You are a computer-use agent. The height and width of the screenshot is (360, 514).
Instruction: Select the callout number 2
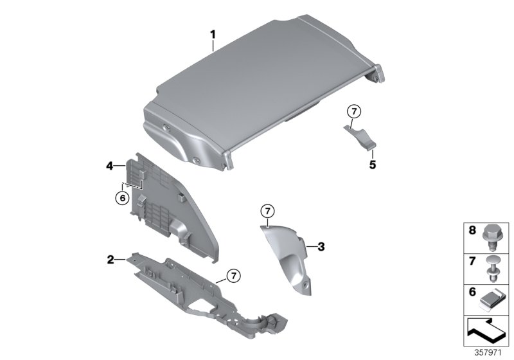111,260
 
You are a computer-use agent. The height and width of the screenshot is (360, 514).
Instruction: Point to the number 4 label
110,166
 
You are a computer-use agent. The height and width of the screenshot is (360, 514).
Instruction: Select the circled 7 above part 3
267,210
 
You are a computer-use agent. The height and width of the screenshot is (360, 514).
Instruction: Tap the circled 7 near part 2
233,276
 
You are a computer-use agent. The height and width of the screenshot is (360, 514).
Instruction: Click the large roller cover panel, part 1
257,84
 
